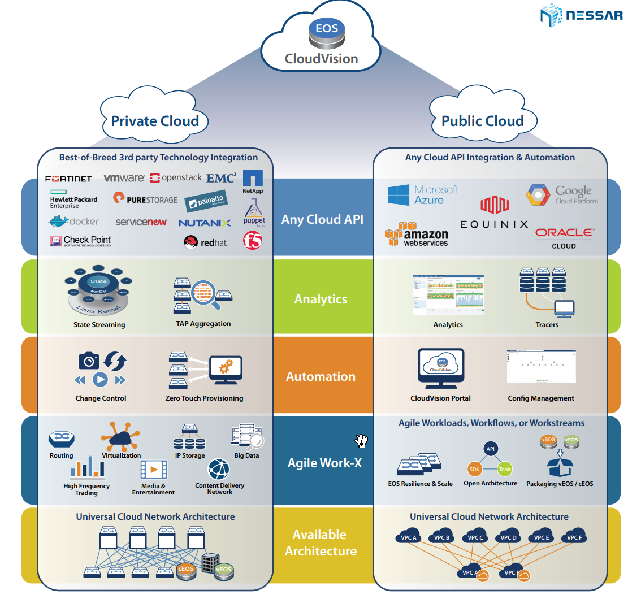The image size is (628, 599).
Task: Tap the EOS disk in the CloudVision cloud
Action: pos(327,33)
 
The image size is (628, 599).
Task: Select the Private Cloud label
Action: pos(155,121)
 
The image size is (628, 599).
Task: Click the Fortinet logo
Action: pos(68,179)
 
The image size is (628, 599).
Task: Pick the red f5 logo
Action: pos(253,241)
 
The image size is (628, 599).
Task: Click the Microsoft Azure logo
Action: pos(423,195)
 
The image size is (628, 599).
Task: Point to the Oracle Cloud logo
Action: pos(564,237)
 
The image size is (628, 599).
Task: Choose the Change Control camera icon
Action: pos(89,361)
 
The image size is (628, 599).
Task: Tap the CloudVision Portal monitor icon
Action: pos(441,367)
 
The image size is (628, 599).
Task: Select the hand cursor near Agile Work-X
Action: pos(361,441)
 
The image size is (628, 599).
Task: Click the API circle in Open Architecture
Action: pos(490,449)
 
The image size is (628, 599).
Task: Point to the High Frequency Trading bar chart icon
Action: pos(88,467)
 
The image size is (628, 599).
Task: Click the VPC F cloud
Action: pos(574,537)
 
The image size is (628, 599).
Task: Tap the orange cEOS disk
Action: pos(186,570)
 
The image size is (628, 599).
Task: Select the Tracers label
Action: pos(547,325)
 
